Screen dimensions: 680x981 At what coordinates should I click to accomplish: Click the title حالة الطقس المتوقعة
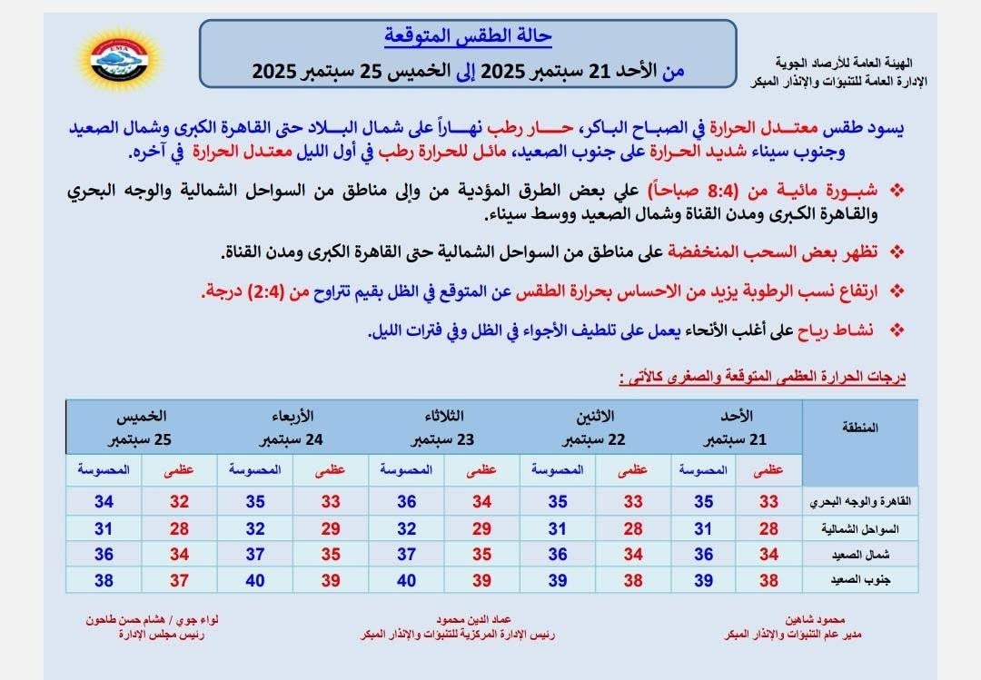[468, 38]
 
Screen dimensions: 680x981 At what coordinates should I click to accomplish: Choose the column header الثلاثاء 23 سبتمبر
[442, 428]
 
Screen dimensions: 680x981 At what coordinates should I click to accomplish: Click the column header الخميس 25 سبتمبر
[140, 428]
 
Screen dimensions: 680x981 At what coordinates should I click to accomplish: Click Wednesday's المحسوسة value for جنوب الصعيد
[255, 579]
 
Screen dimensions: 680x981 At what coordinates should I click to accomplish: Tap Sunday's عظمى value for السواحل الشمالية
[769, 527]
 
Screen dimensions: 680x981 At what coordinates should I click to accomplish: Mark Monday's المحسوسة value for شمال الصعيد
[557, 554]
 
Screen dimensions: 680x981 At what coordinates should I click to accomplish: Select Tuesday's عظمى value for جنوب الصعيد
[481, 579]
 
